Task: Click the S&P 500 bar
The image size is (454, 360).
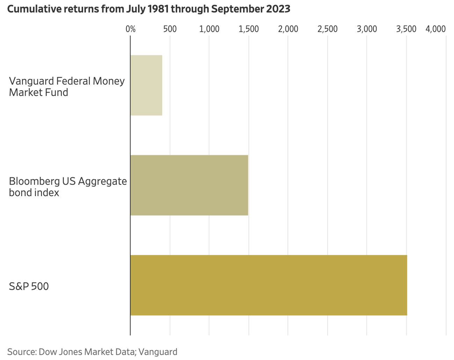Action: [268, 285]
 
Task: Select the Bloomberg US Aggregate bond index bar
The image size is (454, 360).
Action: [189, 185]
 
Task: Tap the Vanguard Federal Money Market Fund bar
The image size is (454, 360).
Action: [146, 85]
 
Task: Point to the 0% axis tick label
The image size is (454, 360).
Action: [131, 29]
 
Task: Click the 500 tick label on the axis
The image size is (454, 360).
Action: [170, 29]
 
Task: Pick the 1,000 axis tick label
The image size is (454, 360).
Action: [209, 29]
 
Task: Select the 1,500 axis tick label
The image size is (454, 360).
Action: [249, 29]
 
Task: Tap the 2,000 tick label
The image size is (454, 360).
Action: [288, 29]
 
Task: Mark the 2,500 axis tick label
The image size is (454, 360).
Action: [328, 29]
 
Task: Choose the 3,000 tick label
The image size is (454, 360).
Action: [367, 29]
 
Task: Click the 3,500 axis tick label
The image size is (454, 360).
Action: [406, 29]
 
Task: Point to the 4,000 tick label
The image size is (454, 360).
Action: [435, 29]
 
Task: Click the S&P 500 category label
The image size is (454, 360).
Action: [29, 286]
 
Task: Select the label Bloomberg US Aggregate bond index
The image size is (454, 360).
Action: [68, 187]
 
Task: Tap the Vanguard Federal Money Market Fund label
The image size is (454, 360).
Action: [67, 87]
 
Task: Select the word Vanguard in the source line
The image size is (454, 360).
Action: [158, 352]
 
